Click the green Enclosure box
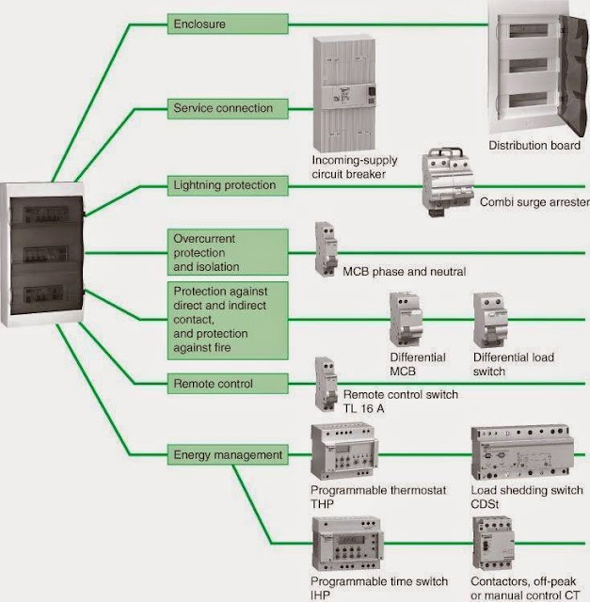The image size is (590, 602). [x=226, y=23]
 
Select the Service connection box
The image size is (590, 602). [x=226, y=108]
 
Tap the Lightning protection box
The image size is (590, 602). [x=226, y=184]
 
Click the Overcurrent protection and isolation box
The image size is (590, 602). [x=226, y=252]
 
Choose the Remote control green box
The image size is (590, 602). [x=226, y=383]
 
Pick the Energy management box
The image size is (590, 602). [x=226, y=455]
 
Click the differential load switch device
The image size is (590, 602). [x=491, y=321]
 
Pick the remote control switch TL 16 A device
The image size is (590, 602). [x=326, y=382]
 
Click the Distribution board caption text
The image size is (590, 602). [x=534, y=145]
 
